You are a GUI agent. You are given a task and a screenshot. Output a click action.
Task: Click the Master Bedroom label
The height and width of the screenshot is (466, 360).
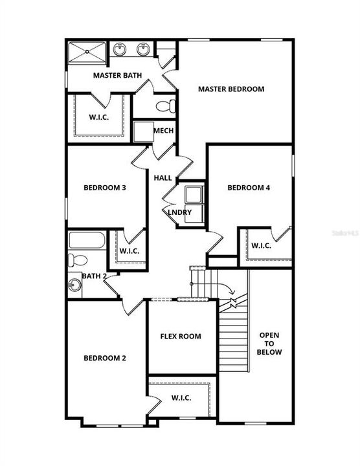231,89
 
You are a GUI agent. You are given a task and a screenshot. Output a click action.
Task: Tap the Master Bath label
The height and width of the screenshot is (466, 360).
117,76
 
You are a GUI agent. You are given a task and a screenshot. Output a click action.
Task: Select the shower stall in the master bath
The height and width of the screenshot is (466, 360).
87,52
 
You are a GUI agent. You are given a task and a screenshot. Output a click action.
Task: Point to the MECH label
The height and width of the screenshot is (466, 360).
163,131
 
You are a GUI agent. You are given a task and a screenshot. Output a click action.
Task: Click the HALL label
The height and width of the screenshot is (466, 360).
163,178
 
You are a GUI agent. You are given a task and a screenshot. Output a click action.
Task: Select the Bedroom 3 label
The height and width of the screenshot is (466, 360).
104,188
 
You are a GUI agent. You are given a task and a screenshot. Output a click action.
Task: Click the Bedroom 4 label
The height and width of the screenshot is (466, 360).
249,188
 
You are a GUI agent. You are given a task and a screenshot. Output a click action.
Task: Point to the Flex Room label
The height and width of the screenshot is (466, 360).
181,337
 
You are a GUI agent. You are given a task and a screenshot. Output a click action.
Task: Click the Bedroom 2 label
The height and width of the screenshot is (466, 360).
104,358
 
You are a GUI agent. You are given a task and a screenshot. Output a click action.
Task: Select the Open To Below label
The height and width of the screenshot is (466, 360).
269,344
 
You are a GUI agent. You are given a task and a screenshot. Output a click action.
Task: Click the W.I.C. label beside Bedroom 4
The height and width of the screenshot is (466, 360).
261,246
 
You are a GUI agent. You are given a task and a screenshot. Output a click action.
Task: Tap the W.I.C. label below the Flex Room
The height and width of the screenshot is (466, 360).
181,397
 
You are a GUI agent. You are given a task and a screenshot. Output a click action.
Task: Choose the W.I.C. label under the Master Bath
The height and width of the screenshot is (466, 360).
98,118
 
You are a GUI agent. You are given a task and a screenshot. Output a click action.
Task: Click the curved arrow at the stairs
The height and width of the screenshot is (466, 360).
226,287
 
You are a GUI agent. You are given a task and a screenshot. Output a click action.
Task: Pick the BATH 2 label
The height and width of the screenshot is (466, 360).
95,276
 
